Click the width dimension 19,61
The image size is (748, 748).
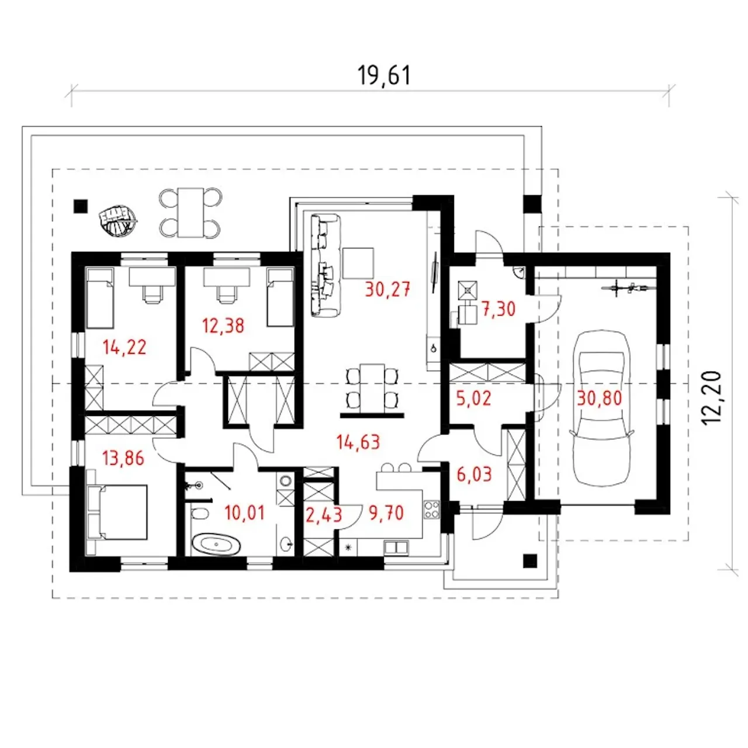tap(383, 75)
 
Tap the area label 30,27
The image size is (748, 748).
tap(387, 290)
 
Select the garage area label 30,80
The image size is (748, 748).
tap(600, 399)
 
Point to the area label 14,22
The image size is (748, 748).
tap(124, 347)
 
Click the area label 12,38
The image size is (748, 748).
tap(223, 325)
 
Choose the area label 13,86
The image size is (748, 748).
tap(123, 458)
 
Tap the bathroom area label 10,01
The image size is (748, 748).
tap(244, 512)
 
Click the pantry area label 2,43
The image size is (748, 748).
tap(324, 515)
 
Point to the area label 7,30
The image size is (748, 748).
tap(498, 309)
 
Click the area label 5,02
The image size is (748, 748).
tap(473, 399)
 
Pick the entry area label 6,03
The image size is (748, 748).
tap(474, 475)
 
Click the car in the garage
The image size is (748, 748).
tap(601, 407)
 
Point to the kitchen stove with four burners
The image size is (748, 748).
tap(432, 510)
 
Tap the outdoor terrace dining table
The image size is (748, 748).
tap(191, 212)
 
